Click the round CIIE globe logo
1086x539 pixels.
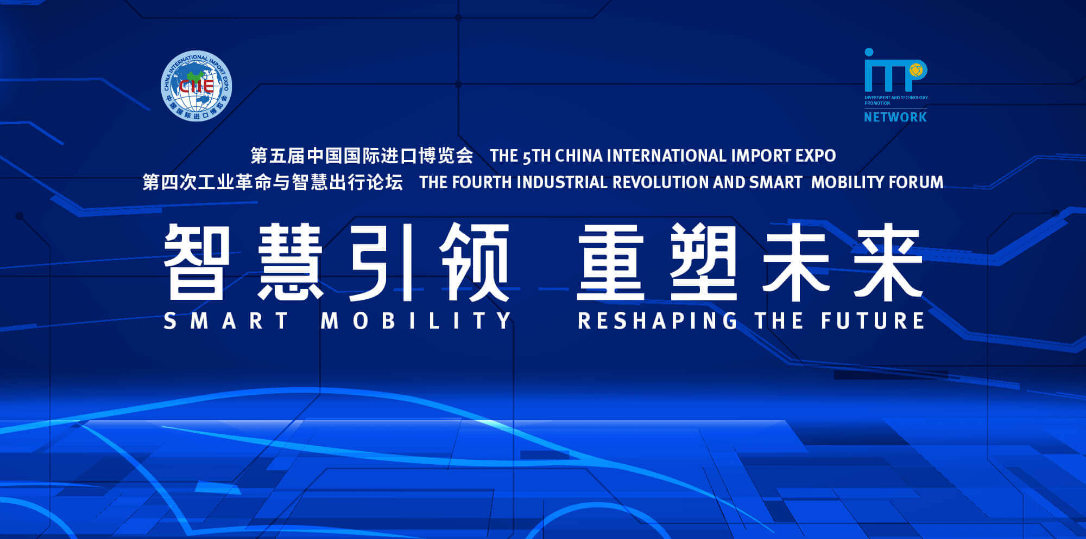(x=197, y=86)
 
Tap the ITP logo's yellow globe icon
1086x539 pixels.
(x=916, y=69)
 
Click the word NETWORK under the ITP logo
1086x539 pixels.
(x=895, y=117)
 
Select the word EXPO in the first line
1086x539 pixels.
(x=816, y=156)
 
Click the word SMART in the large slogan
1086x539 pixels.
(x=226, y=321)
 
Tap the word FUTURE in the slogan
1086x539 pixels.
(x=873, y=321)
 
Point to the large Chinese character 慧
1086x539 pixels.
(x=291, y=262)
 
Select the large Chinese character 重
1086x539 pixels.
(x=611, y=262)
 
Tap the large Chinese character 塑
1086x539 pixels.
(x=703, y=262)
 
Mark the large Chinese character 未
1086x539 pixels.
(x=796, y=262)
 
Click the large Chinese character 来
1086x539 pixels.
(x=888, y=262)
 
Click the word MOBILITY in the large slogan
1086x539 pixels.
(x=416, y=321)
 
